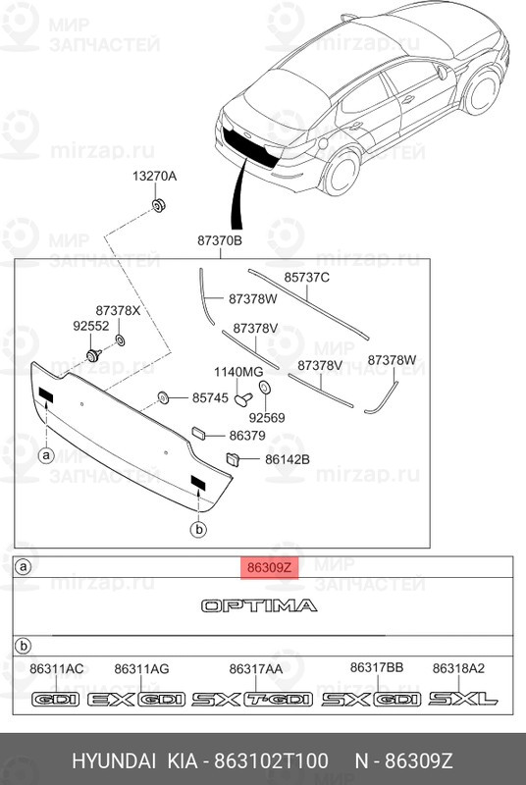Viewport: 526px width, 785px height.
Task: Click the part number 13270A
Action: pyautogui.click(x=155, y=177)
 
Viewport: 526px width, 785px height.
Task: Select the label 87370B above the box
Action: pyautogui.click(x=220, y=240)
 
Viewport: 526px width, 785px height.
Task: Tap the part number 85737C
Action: pyautogui.click(x=307, y=278)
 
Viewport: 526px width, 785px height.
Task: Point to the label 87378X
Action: pyautogui.click(x=118, y=310)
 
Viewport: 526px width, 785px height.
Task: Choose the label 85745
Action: pyautogui.click(x=210, y=398)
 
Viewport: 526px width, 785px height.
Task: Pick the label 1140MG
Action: pyautogui.click(x=238, y=372)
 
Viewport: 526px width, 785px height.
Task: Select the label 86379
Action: pyautogui.click(x=247, y=435)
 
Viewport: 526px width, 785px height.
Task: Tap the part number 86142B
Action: pyautogui.click(x=287, y=458)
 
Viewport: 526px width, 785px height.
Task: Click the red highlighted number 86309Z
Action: pyautogui.click(x=268, y=567)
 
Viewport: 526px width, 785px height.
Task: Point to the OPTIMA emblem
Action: pyautogui.click(x=259, y=605)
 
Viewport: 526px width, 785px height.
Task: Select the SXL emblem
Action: pyautogui.click(x=465, y=700)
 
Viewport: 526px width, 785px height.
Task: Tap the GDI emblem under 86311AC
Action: pyautogui.click(x=56, y=700)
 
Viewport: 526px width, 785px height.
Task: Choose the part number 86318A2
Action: pyautogui.click(x=459, y=668)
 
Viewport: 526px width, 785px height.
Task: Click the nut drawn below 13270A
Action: pyautogui.click(x=157, y=205)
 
